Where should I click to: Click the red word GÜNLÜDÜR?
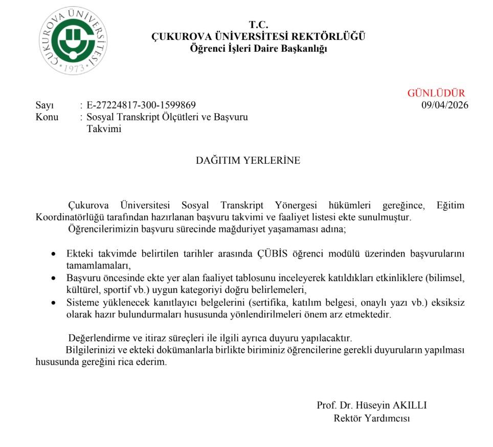pos(436,93)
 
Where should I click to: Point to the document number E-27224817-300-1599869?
pos(141,105)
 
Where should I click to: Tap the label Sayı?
pos(44,105)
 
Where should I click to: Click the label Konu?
pos(47,117)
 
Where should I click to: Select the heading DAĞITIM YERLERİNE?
pos(248,160)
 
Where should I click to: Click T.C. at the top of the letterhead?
pos(258,25)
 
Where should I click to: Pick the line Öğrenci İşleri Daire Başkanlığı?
pos(258,49)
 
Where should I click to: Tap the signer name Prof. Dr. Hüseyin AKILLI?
pos(372,406)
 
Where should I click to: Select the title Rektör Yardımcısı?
pos(372,418)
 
